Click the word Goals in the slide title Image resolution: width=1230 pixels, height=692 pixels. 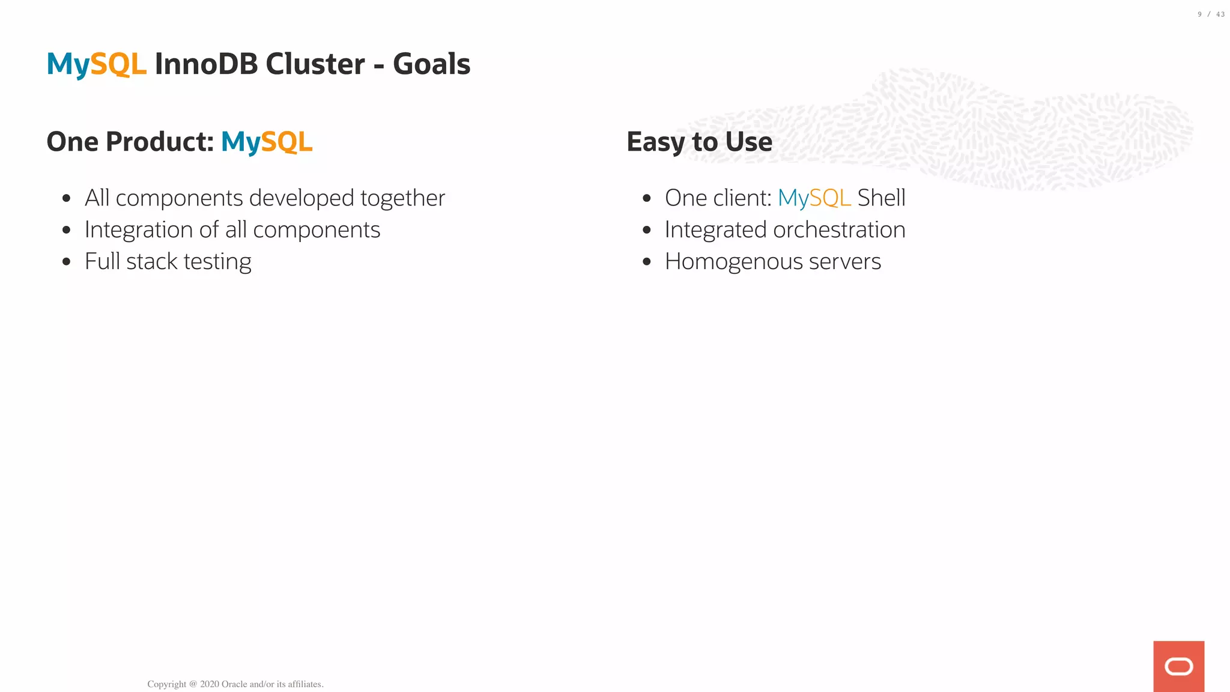(431, 64)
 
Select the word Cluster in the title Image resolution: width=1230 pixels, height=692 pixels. (315, 64)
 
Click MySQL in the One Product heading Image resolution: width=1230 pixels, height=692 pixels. (267, 142)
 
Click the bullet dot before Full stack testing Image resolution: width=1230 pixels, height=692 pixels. (67, 262)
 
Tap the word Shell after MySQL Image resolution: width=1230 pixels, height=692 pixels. (881, 198)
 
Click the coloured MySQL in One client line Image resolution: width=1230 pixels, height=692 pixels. (814, 198)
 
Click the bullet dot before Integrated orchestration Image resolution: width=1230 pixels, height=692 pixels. (647, 230)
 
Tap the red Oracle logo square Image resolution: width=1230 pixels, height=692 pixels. (1178, 666)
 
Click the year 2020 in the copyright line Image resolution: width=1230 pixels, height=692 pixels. (209, 684)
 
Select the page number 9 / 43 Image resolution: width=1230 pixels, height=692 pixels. (1211, 14)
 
